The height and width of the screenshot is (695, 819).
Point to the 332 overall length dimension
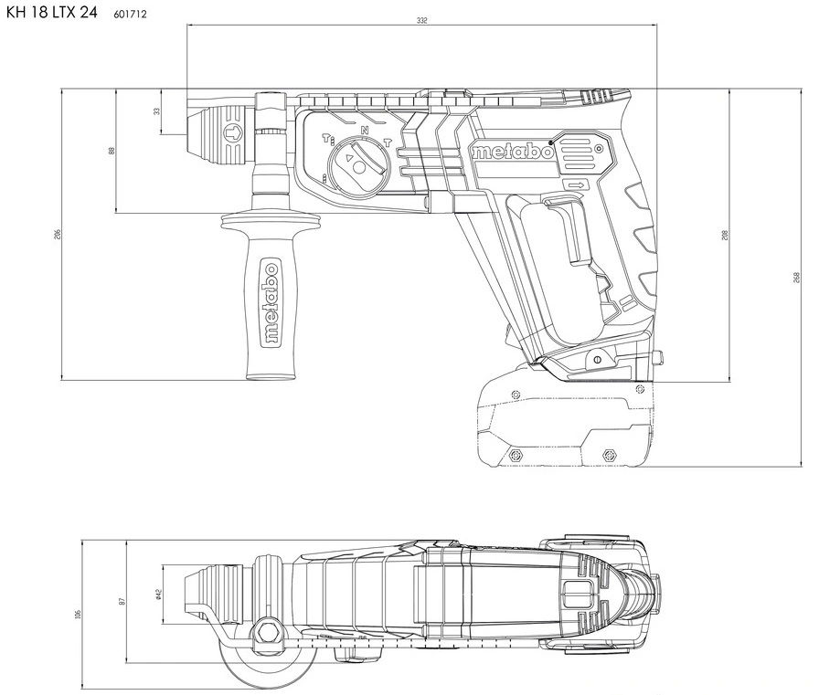pyautogui.click(x=420, y=19)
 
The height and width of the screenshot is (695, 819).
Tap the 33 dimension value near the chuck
pyautogui.click(x=156, y=111)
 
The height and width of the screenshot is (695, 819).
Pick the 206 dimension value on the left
pyautogui.click(x=57, y=234)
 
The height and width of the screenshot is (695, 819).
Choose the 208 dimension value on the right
pyautogui.click(x=724, y=235)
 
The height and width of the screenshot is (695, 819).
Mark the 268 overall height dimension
pyautogui.click(x=796, y=278)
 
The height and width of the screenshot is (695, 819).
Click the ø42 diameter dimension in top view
pyautogui.click(x=158, y=595)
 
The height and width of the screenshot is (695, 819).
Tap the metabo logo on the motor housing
pyautogui.click(x=513, y=152)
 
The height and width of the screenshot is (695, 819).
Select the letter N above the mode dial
pyautogui.click(x=365, y=131)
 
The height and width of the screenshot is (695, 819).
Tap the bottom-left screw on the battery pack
pyautogui.click(x=515, y=455)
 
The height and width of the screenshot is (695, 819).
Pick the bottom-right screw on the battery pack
pyautogui.click(x=610, y=454)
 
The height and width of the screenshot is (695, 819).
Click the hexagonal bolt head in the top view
pyautogui.click(x=270, y=629)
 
